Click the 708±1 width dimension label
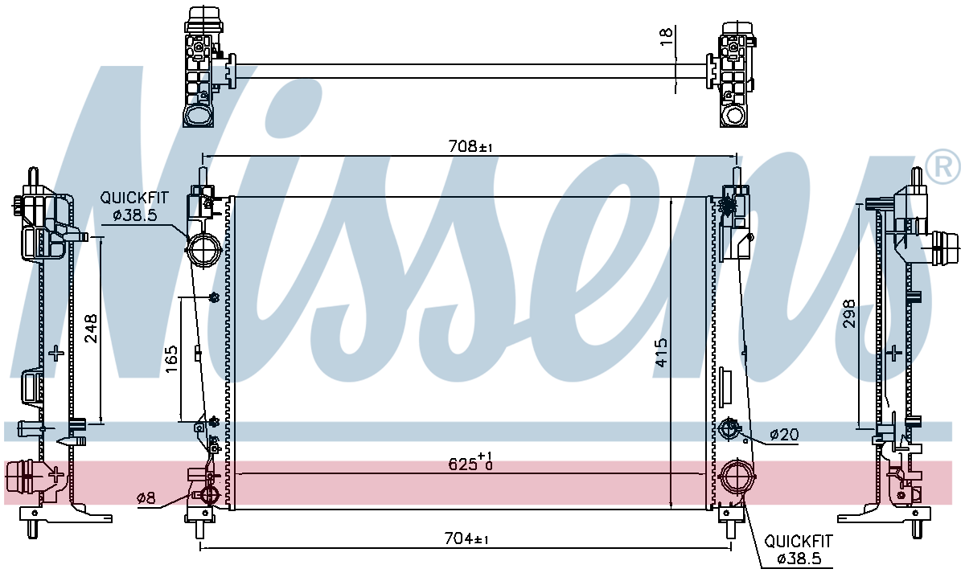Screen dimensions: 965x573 coord(470,146)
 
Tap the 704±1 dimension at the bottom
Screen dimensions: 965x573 coord(466,538)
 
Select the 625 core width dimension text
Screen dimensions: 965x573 coord(470,461)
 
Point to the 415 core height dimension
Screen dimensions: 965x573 coord(661,353)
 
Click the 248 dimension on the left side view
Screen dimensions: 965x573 coord(91,329)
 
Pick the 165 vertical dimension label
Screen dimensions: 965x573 coord(171,359)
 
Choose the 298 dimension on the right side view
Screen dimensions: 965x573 coord(848,314)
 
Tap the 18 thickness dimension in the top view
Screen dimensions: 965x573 coord(666,36)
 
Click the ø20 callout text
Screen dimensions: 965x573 coord(784,435)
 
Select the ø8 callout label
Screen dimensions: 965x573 coord(146,498)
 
